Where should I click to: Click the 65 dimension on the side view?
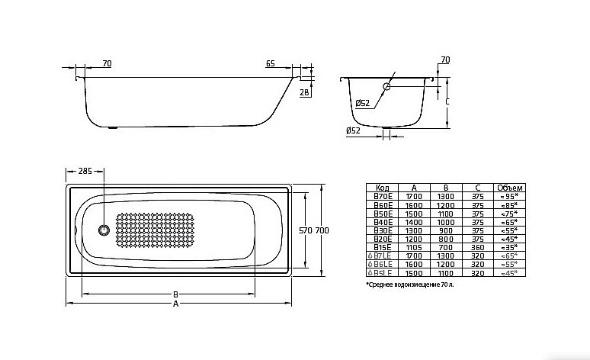click(271, 64)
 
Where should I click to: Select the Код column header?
click(384, 187)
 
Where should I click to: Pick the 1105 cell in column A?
click(414, 247)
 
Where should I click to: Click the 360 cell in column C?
click(476, 247)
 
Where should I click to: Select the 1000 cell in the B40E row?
click(445, 221)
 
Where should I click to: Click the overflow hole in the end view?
click(387, 87)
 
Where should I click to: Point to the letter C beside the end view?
click(447, 100)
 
